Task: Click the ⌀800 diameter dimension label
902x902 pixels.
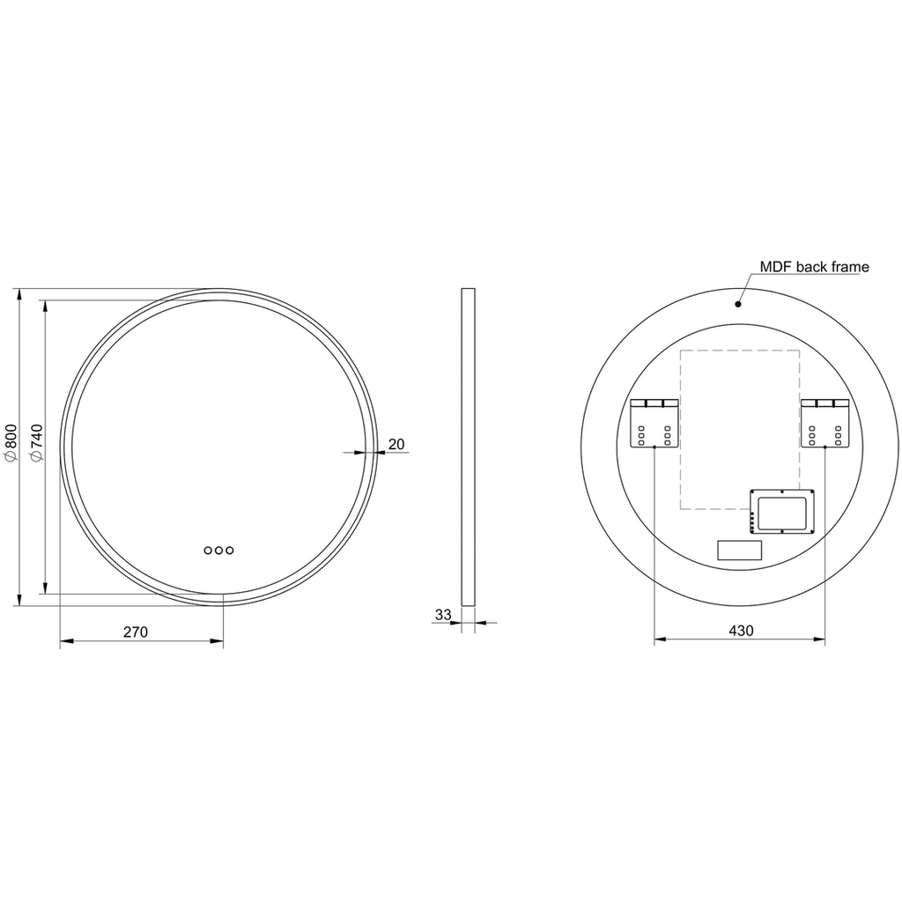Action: coord(11,442)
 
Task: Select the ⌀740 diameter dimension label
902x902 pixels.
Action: coord(36,442)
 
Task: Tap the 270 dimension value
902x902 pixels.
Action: coord(136,632)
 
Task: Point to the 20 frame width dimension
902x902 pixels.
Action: coord(396,444)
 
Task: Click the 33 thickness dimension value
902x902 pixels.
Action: coord(443,614)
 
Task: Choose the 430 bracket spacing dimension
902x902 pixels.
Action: coord(741,631)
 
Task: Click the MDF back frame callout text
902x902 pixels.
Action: coord(814,267)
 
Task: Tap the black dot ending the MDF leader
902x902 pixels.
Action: coord(738,304)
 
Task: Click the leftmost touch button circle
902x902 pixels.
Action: coord(208,551)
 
